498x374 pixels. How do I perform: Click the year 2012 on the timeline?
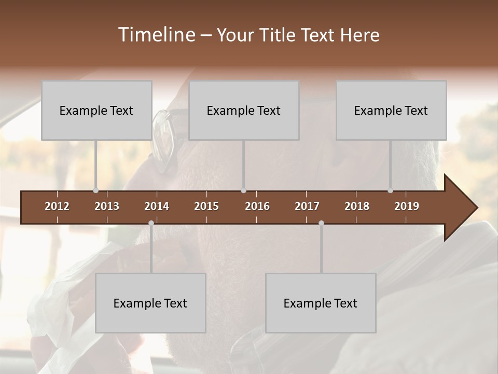(57, 206)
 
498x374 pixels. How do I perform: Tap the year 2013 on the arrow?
(107, 206)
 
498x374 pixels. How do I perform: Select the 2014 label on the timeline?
(157, 206)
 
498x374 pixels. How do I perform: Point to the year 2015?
(206, 206)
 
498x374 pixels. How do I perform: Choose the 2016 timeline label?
(257, 206)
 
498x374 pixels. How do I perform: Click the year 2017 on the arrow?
(307, 206)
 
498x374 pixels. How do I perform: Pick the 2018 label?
(357, 206)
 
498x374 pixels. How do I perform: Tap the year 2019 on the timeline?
(407, 206)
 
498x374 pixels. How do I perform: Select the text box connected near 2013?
(96, 110)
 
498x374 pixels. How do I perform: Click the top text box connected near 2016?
(244, 110)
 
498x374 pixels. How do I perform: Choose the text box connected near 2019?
(391, 110)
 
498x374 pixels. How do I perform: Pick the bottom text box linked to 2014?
(150, 303)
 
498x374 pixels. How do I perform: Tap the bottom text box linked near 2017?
(321, 303)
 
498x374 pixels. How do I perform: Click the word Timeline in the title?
(156, 35)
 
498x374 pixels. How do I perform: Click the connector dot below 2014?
(151, 223)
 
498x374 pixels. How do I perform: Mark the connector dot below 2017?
(321, 223)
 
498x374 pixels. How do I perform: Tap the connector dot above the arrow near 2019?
(391, 191)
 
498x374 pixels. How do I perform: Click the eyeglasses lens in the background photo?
(163, 140)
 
